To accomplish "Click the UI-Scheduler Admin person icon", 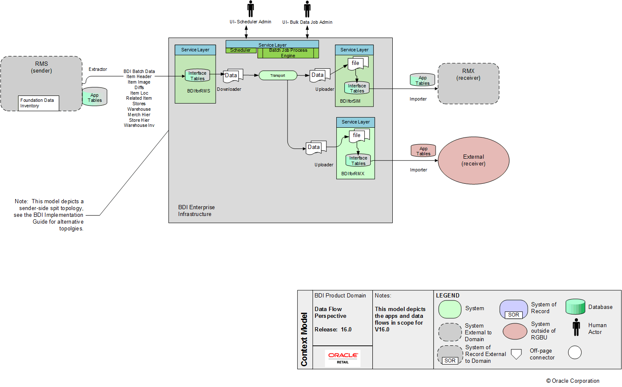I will pyautogui.click(x=250, y=9).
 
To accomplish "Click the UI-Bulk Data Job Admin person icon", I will pyautogui.click(x=307, y=9).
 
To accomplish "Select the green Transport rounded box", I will pyautogui.click(x=278, y=76).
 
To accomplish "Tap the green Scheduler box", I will pyautogui.click(x=241, y=50).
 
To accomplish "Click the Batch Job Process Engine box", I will pyautogui.click(x=288, y=53).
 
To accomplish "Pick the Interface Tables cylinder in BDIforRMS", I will pyautogui.click(x=197, y=76).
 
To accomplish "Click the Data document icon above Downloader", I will pyautogui.click(x=233, y=75).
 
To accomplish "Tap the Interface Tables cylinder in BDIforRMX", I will pyautogui.click(x=358, y=160).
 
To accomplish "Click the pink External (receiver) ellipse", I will pyautogui.click(x=473, y=160).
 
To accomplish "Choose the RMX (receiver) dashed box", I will pyautogui.click(x=468, y=84).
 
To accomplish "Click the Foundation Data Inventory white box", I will pyautogui.click(x=38, y=103).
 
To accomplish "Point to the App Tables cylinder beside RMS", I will pyautogui.click(x=95, y=97).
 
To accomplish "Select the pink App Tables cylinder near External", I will pyautogui.click(x=423, y=151).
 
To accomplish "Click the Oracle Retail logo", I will pyautogui.click(x=343, y=358).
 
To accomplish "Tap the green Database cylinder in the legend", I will pyautogui.click(x=575, y=307).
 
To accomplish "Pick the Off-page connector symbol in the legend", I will pyautogui.click(x=516, y=354).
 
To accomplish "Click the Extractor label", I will pyautogui.click(x=98, y=69).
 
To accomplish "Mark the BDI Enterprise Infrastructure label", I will pyautogui.click(x=196, y=210).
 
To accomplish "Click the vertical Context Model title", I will pyautogui.click(x=304, y=339).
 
